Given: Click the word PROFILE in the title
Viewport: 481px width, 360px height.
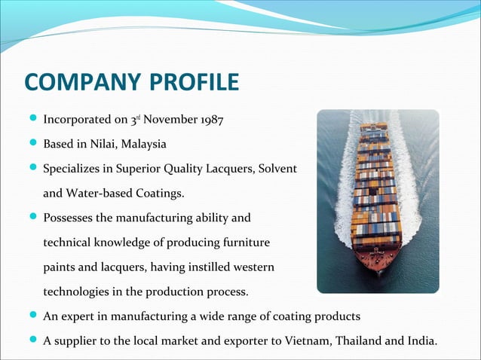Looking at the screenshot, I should coord(197,82).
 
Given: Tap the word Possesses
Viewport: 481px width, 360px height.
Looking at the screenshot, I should coord(68,218).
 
